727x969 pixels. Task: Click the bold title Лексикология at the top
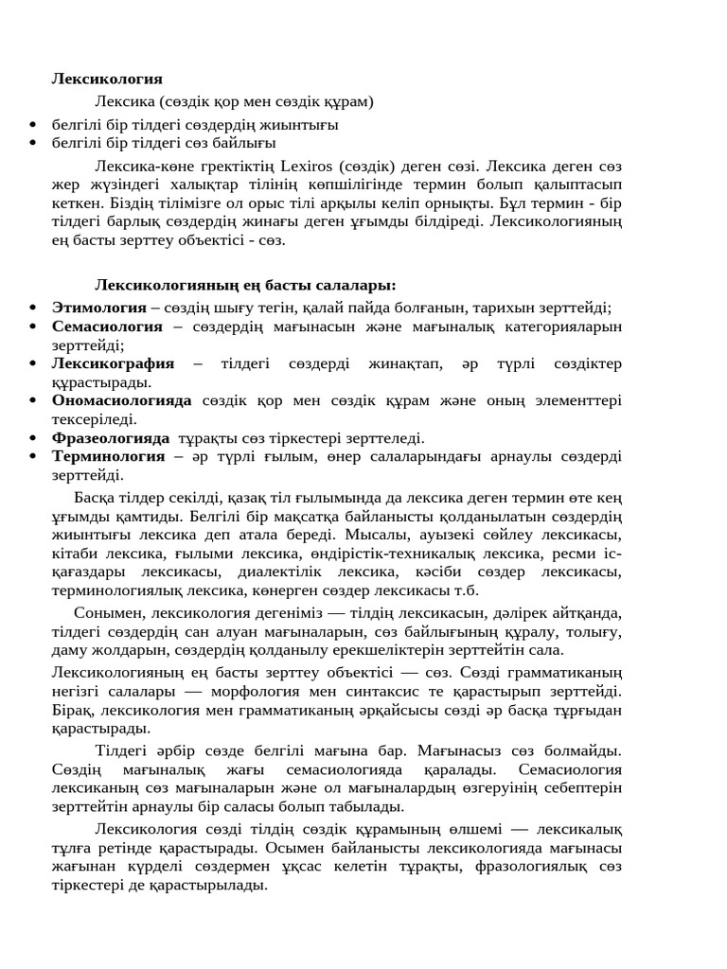click(107, 79)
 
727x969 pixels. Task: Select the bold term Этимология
click(98, 307)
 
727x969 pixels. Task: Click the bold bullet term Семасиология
click(107, 326)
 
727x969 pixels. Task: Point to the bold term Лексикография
click(114, 363)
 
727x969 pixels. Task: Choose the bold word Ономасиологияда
click(122, 400)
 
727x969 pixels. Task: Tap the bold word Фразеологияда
click(111, 438)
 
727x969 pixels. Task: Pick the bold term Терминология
click(108, 456)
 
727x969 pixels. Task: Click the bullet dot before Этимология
click(34, 308)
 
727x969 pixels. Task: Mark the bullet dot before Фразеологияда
click(34, 439)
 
